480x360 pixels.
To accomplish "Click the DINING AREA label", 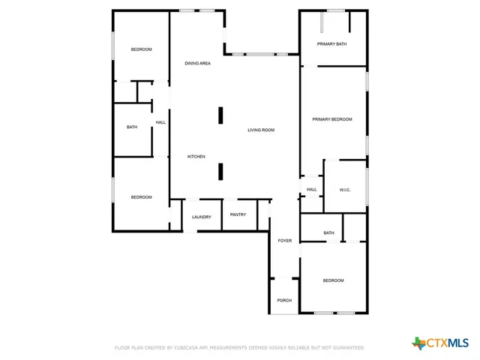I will (197, 63).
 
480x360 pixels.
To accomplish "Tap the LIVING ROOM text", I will (261, 130).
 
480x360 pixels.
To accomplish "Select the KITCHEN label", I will (196, 156).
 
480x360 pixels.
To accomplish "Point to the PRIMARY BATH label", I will (331, 44).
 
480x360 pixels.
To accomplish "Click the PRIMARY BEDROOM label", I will (332, 119).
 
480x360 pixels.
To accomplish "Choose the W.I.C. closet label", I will (345, 190).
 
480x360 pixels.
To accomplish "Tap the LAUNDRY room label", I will (201, 217).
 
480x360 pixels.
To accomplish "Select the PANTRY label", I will (238, 214).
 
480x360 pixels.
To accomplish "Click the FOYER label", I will (284, 241).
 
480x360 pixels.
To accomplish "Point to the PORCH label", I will (284, 300).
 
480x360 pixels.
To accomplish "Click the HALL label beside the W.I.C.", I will (312, 190).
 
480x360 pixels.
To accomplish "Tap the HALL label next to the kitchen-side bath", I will (160, 122).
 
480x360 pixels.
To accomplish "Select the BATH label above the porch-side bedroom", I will (328, 233).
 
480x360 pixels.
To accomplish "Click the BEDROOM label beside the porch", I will (333, 280).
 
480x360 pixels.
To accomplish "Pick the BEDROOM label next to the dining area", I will (141, 49).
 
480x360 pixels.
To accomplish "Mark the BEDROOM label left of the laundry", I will (141, 197).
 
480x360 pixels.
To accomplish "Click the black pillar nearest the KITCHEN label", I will (220, 172).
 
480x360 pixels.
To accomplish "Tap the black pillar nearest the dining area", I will (220, 115).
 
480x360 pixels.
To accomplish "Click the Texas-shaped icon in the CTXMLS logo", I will (418, 343).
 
